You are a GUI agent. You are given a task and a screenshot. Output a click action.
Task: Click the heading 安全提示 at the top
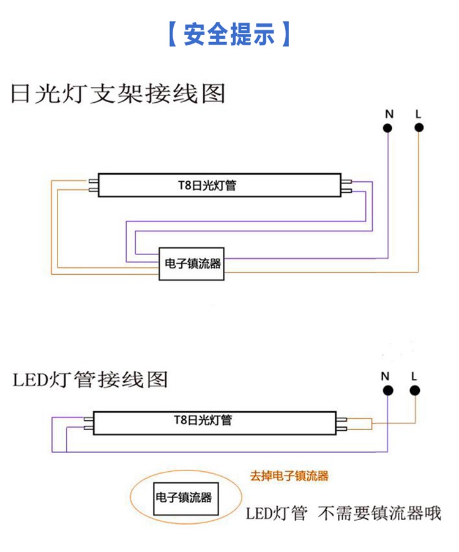click(x=229, y=34)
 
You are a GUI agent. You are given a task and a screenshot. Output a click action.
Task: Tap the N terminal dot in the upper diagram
click(x=388, y=127)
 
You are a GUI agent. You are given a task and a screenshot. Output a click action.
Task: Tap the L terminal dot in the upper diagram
click(x=419, y=127)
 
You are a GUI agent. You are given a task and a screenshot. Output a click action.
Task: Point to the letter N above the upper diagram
click(x=389, y=114)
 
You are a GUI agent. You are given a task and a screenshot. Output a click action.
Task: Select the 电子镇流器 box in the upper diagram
click(x=193, y=264)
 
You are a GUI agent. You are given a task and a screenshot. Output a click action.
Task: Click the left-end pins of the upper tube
click(x=93, y=185)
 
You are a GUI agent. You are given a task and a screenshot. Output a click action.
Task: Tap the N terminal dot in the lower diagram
click(x=387, y=390)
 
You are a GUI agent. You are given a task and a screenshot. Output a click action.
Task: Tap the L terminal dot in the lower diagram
click(x=414, y=390)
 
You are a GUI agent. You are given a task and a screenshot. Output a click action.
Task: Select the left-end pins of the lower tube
click(x=88, y=423)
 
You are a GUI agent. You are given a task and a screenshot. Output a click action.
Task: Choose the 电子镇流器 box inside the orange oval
click(x=184, y=498)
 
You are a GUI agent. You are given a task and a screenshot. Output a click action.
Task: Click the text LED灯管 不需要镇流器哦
click(x=343, y=513)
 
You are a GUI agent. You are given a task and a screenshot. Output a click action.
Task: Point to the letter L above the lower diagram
click(x=414, y=376)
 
